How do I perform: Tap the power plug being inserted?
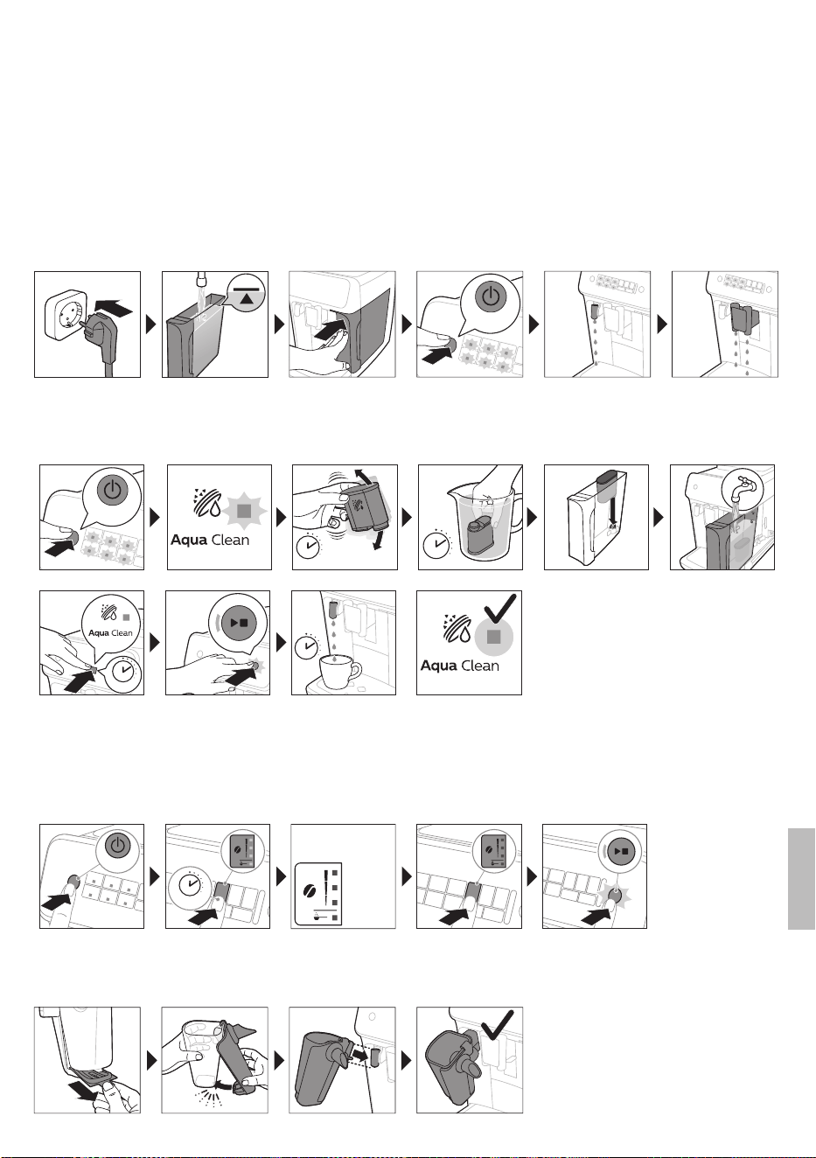pos(100,330)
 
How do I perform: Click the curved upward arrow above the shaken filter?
pos(368,476)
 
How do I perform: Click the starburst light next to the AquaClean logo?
pos(243,510)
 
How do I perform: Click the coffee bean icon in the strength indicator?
pos(310,893)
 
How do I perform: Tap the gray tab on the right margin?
pos(801,878)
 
